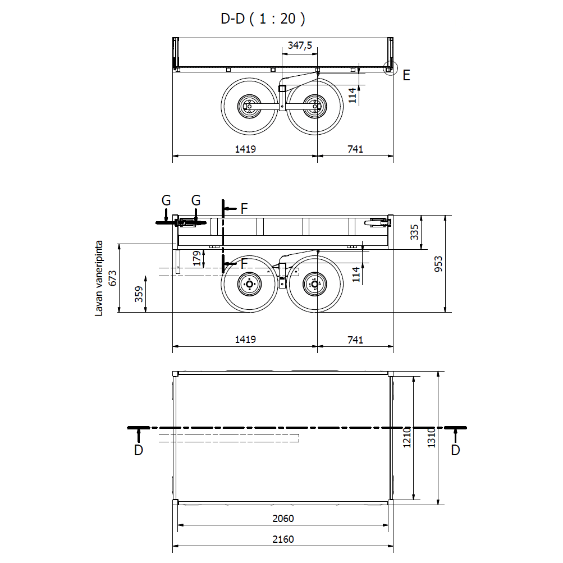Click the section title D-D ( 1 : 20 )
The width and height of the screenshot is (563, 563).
click(x=263, y=19)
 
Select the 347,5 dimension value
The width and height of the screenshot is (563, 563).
click(x=300, y=45)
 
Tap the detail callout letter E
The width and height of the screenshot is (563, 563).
click(x=406, y=75)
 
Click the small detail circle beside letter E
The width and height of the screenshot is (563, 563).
click(x=390, y=68)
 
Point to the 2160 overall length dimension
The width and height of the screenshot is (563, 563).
click(x=283, y=539)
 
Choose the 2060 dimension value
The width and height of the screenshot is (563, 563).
click(x=283, y=519)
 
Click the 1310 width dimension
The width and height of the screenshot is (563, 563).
click(x=432, y=437)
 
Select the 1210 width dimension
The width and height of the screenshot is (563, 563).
click(x=407, y=437)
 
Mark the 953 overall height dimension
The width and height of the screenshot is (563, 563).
click(x=438, y=264)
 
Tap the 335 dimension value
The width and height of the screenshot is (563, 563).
click(x=414, y=232)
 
